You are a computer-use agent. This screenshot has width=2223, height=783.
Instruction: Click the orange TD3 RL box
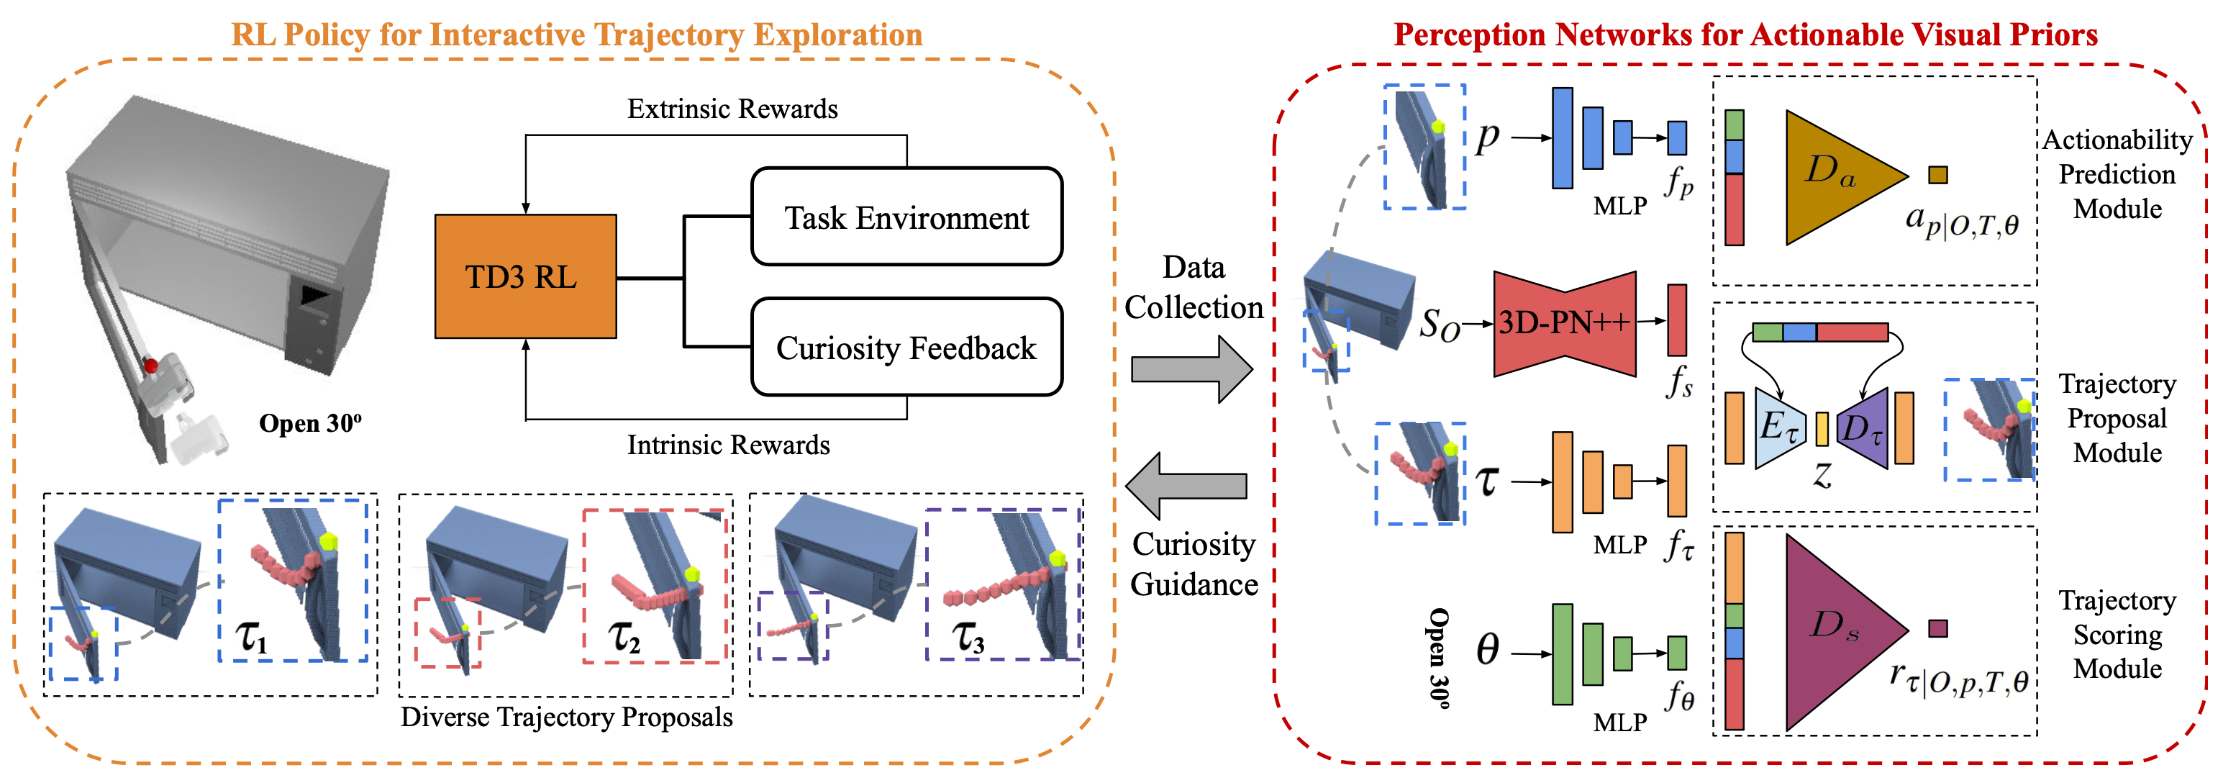coord(526,276)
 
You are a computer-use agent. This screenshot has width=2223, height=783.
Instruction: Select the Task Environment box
coord(907,217)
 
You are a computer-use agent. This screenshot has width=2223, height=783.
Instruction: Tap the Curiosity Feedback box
coord(907,347)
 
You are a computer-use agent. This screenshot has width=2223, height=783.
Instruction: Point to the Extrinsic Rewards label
coord(732,109)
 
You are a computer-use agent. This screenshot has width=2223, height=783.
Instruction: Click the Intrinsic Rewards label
coord(728,445)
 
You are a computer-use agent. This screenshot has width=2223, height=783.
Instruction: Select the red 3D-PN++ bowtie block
coord(1565,324)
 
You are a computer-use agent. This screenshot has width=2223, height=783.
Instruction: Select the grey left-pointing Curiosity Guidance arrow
coord(1186,486)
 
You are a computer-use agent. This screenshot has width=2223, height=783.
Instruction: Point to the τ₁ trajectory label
coord(252,636)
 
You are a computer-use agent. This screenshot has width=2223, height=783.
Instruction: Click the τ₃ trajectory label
coord(968,637)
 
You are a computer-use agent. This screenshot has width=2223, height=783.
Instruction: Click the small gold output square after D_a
coord(1938,174)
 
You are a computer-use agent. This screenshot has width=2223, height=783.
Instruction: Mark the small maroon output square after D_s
coord(1938,628)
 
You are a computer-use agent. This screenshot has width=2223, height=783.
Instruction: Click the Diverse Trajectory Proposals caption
coord(566,718)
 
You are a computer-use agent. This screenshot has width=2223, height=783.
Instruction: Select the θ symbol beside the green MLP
coord(1487,649)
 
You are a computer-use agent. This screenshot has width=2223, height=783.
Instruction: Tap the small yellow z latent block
coord(1822,429)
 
